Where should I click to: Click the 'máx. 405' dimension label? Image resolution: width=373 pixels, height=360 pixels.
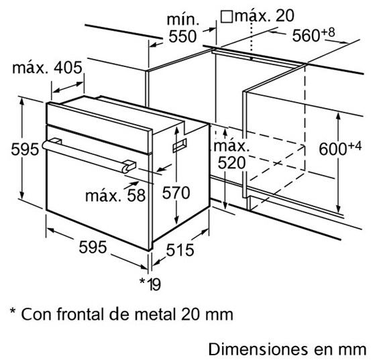pyautogui.click(x=47, y=68)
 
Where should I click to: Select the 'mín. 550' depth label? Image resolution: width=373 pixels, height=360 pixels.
pyautogui.click(x=183, y=28)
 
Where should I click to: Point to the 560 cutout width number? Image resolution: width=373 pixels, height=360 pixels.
pyautogui.click(x=306, y=36)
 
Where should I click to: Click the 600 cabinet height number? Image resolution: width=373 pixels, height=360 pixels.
pyautogui.click(x=333, y=149)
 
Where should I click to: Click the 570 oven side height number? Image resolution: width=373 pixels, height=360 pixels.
pyautogui.click(x=176, y=192)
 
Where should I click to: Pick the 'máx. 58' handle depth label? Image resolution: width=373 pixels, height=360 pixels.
pyautogui.click(x=115, y=196)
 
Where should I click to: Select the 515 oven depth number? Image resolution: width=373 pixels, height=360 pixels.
pyautogui.click(x=180, y=250)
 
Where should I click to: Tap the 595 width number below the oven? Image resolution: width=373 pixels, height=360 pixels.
pyautogui.click(x=93, y=247)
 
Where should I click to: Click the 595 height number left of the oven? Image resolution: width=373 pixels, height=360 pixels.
pyautogui.click(x=25, y=149)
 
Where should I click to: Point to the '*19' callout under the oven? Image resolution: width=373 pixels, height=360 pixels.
pyautogui.click(x=150, y=284)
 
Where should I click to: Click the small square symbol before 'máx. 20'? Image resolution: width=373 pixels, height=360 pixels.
pyautogui.click(x=227, y=17)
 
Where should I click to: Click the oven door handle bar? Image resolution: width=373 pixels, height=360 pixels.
pyautogui.click(x=89, y=156)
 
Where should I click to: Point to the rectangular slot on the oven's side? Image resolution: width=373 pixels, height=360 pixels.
pyautogui.click(x=180, y=145)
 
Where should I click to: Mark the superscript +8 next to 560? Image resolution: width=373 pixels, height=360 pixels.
pyautogui.click(x=327, y=32)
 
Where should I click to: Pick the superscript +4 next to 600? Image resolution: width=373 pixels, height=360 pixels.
pyautogui.click(x=354, y=145)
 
